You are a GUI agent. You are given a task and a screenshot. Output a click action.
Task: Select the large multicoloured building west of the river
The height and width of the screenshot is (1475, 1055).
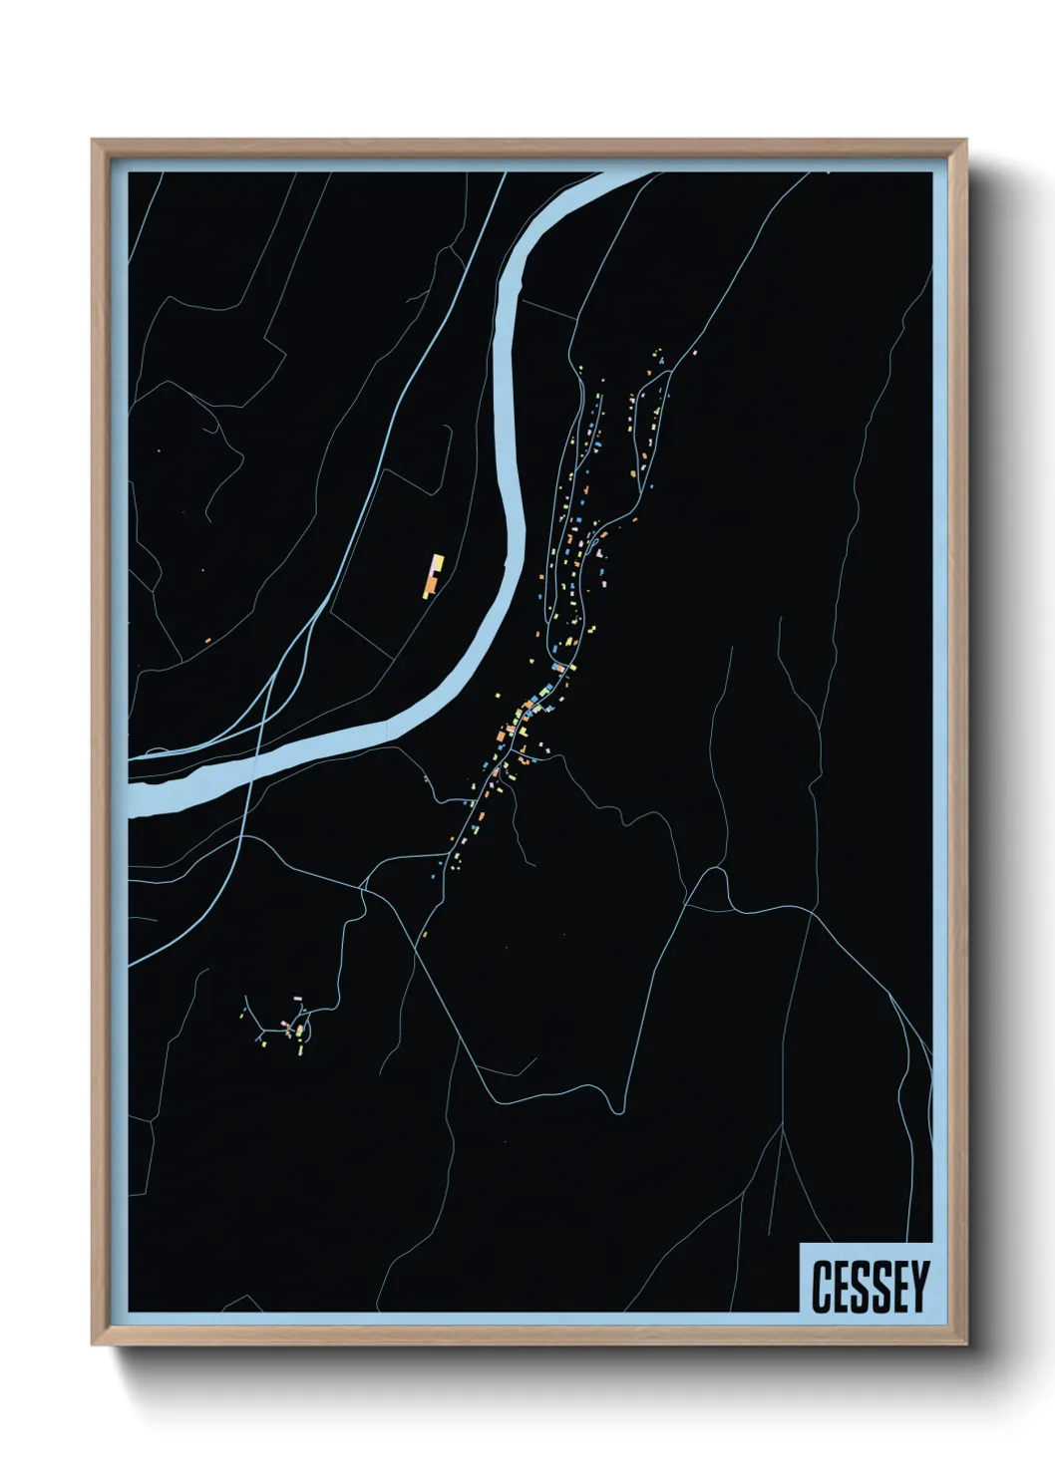point(433,575)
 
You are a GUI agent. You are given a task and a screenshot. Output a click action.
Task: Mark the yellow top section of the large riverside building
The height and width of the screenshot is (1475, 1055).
point(436,561)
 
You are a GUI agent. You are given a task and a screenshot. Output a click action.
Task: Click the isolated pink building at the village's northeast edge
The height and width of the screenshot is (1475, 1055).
point(694,352)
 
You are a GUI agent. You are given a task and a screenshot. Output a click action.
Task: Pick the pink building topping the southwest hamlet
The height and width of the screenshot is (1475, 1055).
point(297,998)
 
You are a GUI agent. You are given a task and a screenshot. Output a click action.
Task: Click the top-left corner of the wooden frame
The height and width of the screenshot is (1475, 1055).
point(93,141)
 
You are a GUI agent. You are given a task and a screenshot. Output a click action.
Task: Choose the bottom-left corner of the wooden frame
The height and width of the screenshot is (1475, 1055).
point(93,1344)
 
